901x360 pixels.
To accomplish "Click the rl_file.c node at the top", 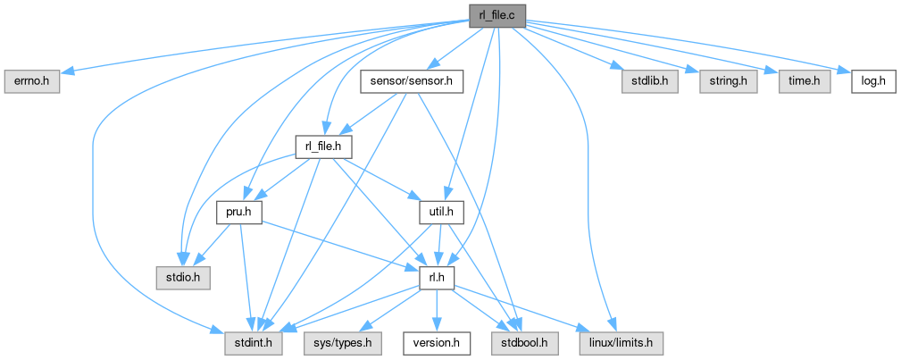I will pyautogui.click(x=496, y=15).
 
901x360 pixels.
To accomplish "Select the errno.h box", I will pyautogui.click(x=30, y=81).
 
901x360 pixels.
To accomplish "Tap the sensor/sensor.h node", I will pyautogui.click(x=412, y=81).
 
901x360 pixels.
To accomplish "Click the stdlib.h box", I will pyautogui.click(x=650, y=81).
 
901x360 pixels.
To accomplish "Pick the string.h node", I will pyautogui.click(x=727, y=81).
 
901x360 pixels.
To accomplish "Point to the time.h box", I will pyautogui.click(x=804, y=81).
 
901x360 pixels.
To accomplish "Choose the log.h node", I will pyautogui.click(x=865, y=81).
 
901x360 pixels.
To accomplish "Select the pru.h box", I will pyautogui.click(x=238, y=213).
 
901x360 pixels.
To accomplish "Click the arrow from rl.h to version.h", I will pyautogui.click(x=437, y=311).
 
